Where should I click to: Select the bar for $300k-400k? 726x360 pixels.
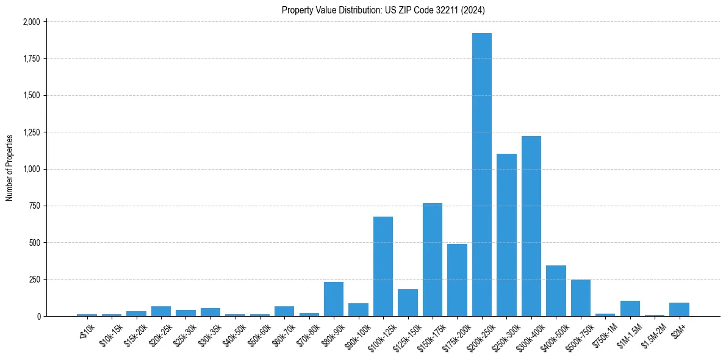[x=531, y=226]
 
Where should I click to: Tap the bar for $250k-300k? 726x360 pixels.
[x=506, y=235]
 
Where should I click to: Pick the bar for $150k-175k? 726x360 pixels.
[x=433, y=260]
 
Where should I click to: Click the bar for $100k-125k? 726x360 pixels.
[x=383, y=267]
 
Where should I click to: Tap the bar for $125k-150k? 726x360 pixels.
[x=408, y=303]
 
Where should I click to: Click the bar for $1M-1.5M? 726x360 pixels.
[x=630, y=309]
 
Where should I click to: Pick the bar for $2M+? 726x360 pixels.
[x=679, y=309]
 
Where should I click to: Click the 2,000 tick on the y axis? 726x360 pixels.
[x=32, y=22]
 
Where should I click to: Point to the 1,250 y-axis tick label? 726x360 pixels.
[x=32, y=132]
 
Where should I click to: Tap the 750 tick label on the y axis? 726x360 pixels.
[x=35, y=206]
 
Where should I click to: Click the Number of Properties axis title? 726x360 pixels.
[x=10, y=168]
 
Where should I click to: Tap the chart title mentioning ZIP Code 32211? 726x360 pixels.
[x=383, y=10]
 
